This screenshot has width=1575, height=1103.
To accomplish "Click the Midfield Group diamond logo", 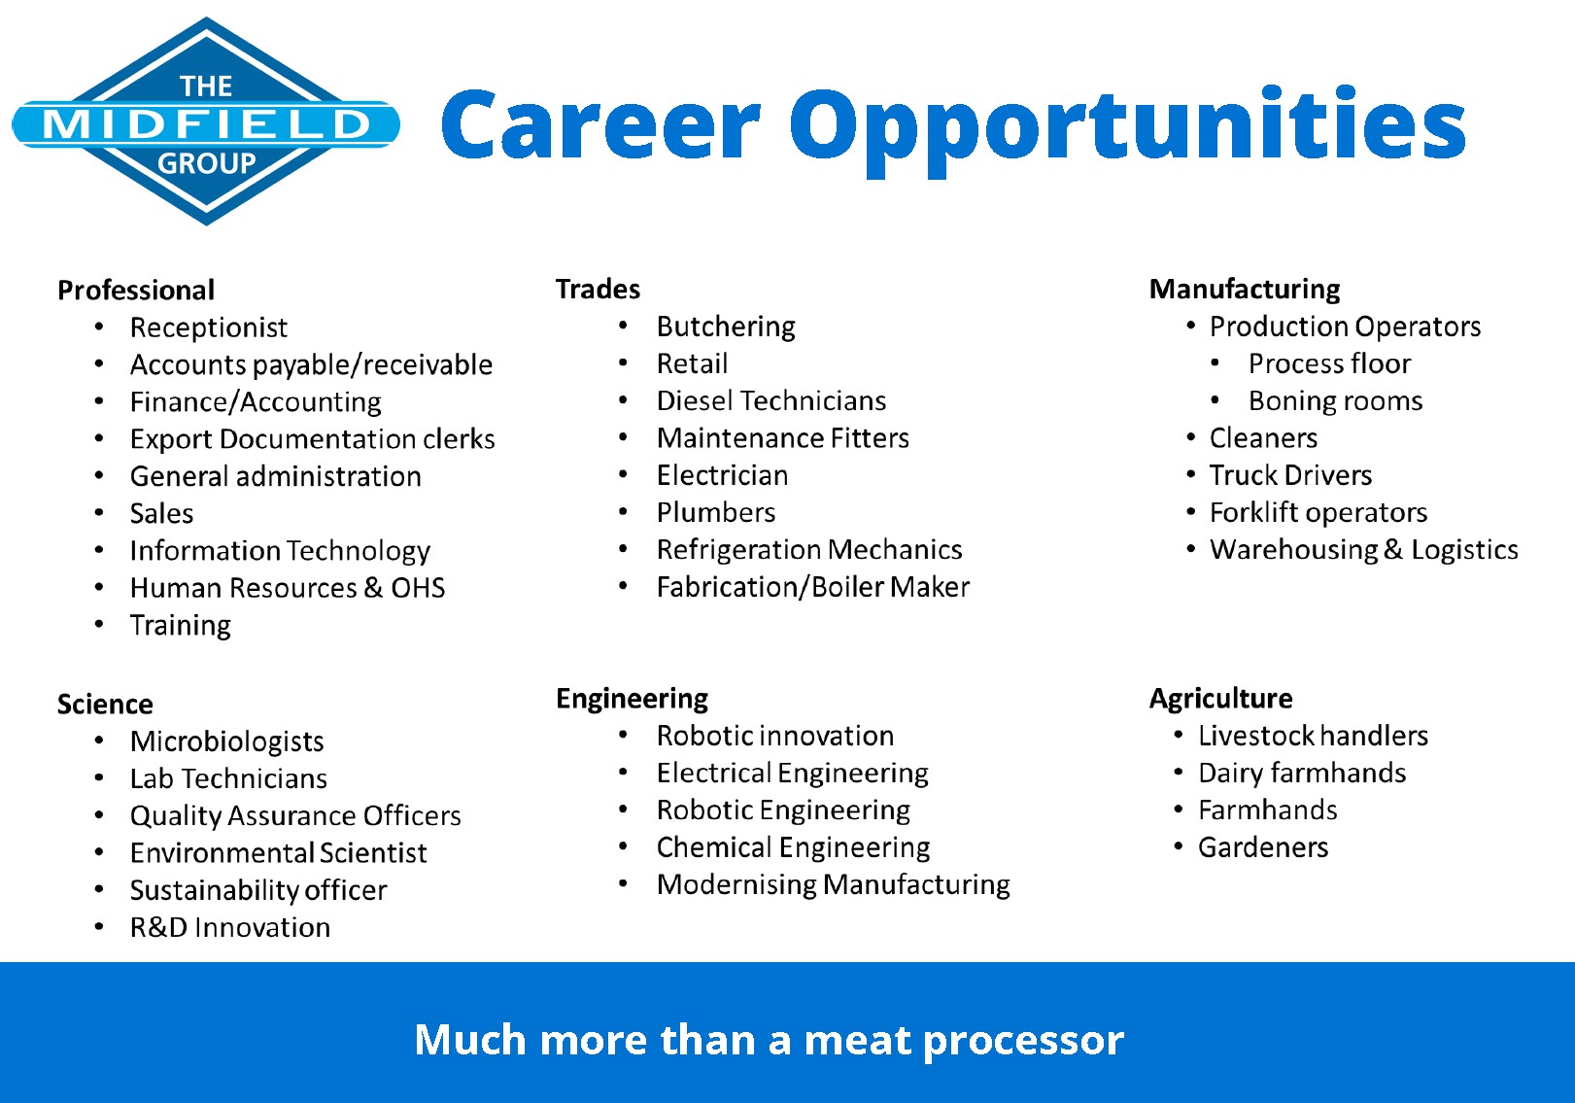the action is point(206,121).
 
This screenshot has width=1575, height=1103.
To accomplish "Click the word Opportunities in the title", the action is point(1128,131).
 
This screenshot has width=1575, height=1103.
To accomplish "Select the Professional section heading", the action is point(136,291).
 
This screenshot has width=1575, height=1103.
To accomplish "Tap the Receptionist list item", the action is point(209,327).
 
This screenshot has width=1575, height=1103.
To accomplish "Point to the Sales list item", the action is point(161,513).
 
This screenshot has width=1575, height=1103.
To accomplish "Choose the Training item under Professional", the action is point(181,626).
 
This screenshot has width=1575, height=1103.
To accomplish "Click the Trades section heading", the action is point(598,290).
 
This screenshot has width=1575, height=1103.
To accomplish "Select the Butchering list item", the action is point(726,327).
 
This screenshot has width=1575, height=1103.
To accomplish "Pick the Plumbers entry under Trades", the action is point(716,513).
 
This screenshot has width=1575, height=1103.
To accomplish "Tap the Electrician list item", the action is point(722,475).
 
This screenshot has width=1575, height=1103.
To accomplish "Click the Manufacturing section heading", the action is point(1245,290).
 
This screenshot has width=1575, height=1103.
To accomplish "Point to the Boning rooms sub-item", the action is point(1335,401).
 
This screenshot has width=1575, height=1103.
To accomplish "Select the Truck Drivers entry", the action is point(1290,475).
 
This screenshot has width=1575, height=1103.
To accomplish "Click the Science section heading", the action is point(105,705).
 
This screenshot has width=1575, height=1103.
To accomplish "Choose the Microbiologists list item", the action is point(227,742).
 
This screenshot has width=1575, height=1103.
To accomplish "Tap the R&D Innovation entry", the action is point(230,928).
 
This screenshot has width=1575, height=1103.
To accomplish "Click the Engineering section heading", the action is point(632,700).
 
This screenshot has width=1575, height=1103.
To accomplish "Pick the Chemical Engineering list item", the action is point(793,848).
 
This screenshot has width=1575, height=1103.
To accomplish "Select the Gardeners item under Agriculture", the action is point(1263,847).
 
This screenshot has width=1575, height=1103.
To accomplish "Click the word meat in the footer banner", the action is point(857,1041).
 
